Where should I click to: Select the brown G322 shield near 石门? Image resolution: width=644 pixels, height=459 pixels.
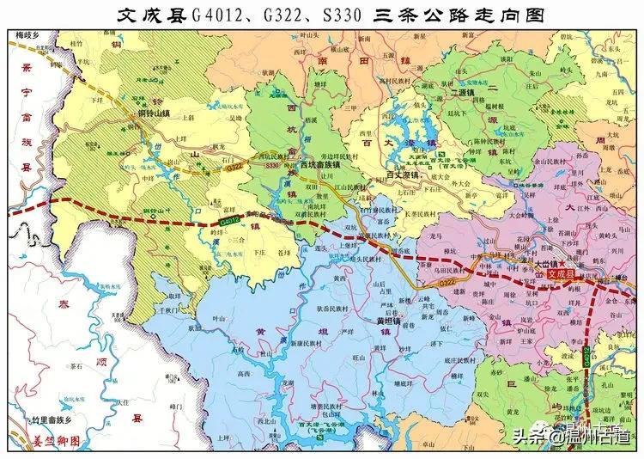(x=234, y=170)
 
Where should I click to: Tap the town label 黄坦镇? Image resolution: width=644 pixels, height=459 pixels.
(x=391, y=319)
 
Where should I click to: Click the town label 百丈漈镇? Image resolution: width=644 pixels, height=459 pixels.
(x=404, y=175)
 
